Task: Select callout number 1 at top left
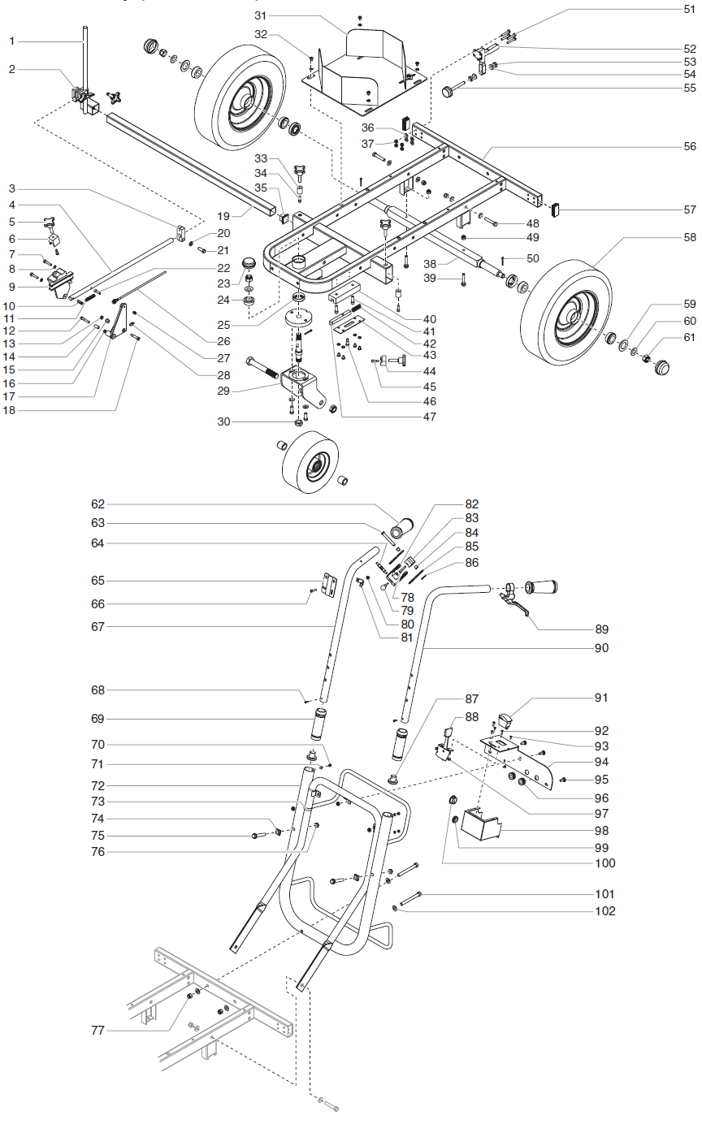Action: click(12, 40)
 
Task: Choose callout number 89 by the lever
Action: click(601, 629)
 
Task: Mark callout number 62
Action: click(97, 504)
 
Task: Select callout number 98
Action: click(601, 831)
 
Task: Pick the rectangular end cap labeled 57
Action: click(557, 210)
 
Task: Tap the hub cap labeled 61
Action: click(665, 366)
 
